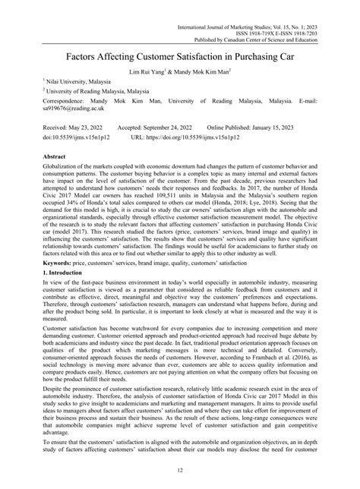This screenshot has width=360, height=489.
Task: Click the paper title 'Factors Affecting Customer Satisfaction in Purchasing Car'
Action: point(180,56)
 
